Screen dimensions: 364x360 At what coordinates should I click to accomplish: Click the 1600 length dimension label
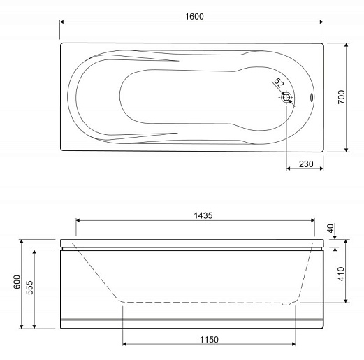tap(194, 17)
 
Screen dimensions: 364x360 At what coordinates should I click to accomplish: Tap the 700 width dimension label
tap(342, 97)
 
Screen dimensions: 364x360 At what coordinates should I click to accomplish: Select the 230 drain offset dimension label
tap(306, 164)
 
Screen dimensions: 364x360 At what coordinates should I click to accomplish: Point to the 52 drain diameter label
tap(279, 82)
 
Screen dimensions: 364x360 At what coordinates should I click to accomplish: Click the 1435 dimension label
tap(203, 215)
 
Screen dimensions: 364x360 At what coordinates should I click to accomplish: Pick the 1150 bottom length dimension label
tap(209, 340)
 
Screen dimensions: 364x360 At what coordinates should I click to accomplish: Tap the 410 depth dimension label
tap(341, 274)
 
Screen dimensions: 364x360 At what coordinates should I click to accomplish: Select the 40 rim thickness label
tap(330, 229)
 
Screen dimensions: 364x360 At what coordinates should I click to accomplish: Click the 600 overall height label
tap(17, 282)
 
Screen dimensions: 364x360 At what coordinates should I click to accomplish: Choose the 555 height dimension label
tap(29, 287)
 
